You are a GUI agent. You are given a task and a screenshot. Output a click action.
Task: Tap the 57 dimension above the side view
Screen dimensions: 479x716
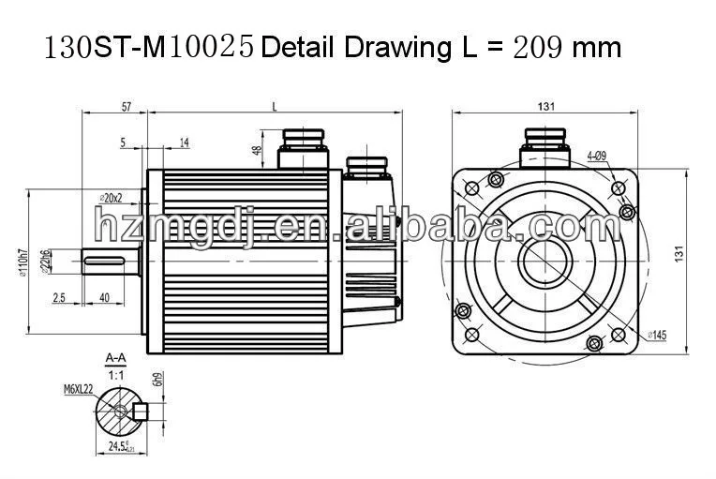126,108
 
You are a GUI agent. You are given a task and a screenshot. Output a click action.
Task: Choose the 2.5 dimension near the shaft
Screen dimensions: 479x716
59,297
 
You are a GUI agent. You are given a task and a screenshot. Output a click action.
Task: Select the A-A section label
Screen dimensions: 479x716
116,357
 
